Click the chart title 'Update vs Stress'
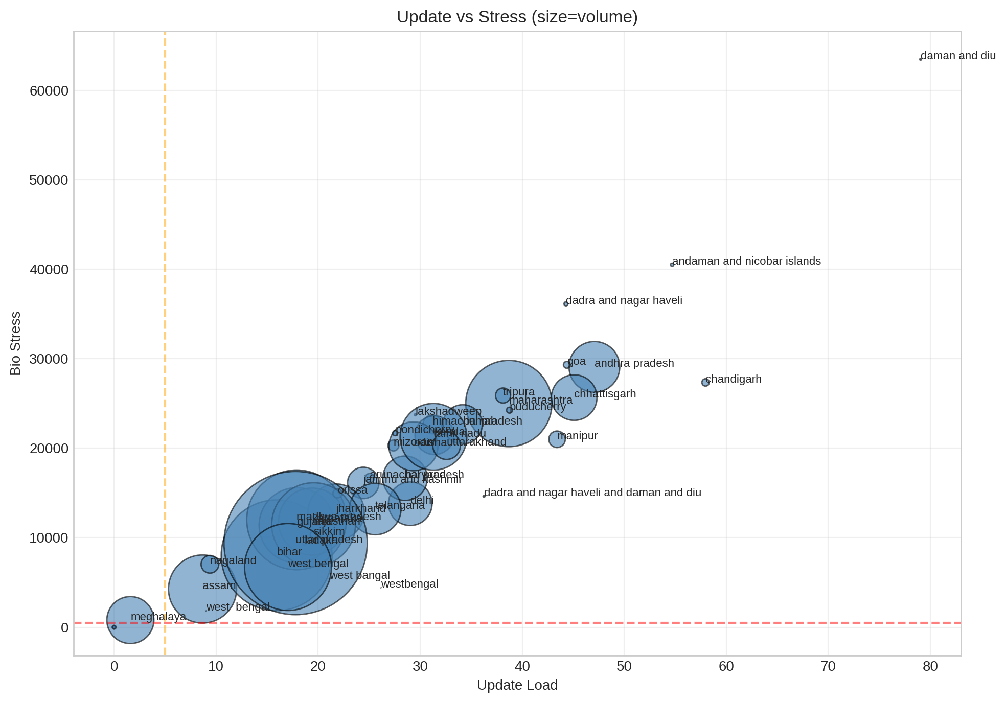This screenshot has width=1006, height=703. tap(517, 17)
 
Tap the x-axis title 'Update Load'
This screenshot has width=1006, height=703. tap(517, 685)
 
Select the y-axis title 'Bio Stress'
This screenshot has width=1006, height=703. tap(16, 343)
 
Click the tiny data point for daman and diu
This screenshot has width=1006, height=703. tap(920, 59)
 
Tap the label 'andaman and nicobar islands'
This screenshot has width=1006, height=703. tap(746, 261)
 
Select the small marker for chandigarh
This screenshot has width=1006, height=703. tap(705, 382)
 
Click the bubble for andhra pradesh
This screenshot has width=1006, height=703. tap(594, 366)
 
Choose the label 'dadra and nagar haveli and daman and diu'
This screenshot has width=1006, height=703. tap(592, 493)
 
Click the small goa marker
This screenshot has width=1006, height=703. tap(566, 365)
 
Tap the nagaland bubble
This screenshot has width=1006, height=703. tap(210, 565)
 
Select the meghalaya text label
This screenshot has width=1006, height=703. tap(158, 617)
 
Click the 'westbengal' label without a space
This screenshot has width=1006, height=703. tap(409, 584)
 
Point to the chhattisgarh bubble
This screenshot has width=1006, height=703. tap(574, 397)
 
